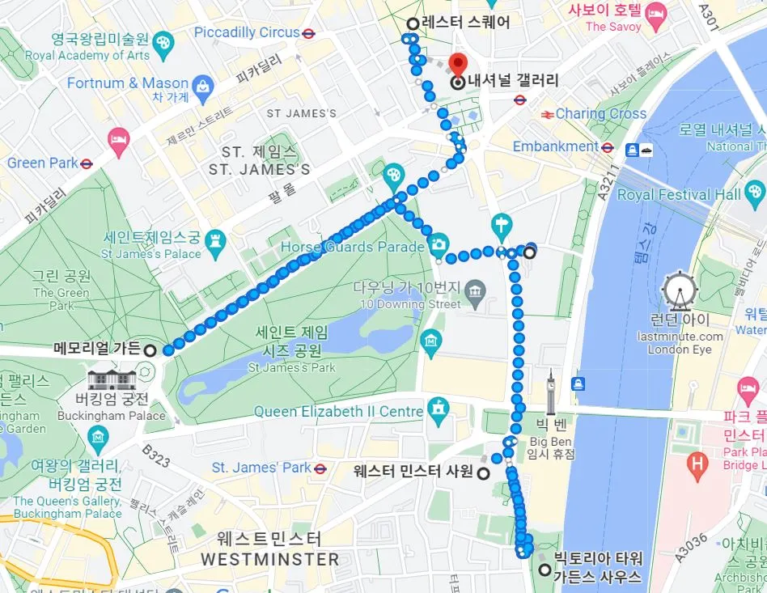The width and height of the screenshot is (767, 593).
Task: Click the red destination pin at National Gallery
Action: click(458, 64)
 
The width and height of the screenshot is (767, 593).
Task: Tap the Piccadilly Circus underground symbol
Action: click(308, 33)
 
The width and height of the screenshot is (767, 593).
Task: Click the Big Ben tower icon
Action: click(552, 395)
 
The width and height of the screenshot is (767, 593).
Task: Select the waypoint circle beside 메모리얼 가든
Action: click(150, 350)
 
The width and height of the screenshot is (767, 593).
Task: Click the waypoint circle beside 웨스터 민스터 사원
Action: click(484, 473)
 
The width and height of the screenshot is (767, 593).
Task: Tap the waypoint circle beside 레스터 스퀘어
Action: click(413, 23)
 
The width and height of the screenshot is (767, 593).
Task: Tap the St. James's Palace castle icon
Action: click(214, 239)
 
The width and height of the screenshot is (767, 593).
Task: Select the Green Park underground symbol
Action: click(87, 163)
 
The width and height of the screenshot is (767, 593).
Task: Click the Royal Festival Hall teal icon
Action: click(756, 193)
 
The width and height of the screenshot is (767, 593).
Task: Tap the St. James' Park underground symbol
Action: click(320, 468)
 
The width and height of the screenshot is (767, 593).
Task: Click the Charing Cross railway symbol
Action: click(547, 114)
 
